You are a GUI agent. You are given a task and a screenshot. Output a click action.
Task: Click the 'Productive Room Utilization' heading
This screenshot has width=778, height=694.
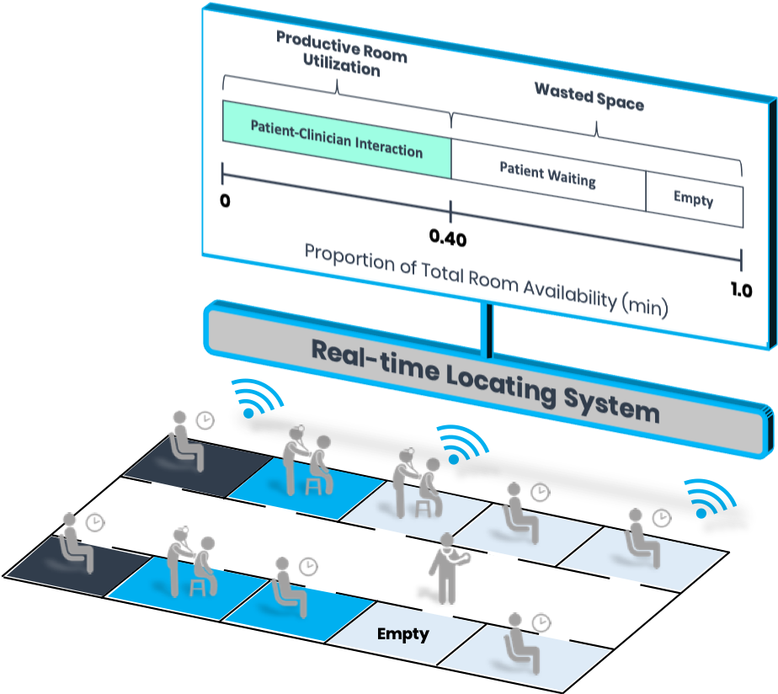[341, 52]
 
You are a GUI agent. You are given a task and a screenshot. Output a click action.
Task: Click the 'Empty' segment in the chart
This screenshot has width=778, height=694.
[694, 200]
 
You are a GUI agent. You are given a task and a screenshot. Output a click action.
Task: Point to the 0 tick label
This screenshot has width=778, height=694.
[225, 202]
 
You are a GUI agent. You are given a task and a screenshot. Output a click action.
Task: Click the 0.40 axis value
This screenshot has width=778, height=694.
[448, 238]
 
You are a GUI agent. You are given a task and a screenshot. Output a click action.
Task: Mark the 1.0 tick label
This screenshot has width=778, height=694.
[741, 291]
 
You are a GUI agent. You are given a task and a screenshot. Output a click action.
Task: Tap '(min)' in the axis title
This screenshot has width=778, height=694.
[645, 305]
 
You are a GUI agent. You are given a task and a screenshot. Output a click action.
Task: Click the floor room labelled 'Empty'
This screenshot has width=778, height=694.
[402, 633]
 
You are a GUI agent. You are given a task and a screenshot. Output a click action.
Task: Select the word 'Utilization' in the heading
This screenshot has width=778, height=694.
[343, 66]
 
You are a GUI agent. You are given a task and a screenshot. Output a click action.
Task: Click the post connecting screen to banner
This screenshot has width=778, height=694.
[487, 329]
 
